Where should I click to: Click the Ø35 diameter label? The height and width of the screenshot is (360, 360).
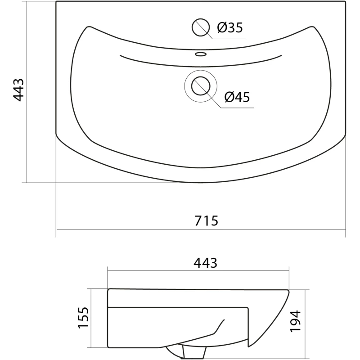tap(230, 27)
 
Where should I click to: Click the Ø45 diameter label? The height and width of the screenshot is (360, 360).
tap(237, 97)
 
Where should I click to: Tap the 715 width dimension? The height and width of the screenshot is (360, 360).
tap(206, 220)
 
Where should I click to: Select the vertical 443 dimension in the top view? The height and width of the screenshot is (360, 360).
tap(18, 90)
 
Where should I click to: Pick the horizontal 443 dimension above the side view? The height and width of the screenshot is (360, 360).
tap(205, 263)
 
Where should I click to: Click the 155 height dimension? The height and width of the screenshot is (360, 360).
tap(83, 318)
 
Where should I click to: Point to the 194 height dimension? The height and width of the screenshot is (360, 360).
tap(295, 321)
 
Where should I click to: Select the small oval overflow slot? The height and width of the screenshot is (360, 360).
tap(201, 54)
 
